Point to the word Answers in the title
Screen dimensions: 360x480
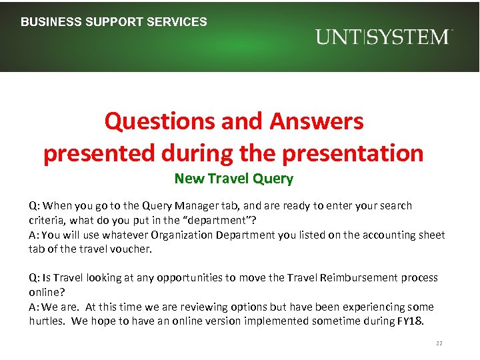point(317,121)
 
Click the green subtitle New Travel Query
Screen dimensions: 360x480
point(233,178)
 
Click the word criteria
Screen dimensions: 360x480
point(46,220)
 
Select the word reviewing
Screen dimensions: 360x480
point(173,307)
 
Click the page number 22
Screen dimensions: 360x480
point(439,343)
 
